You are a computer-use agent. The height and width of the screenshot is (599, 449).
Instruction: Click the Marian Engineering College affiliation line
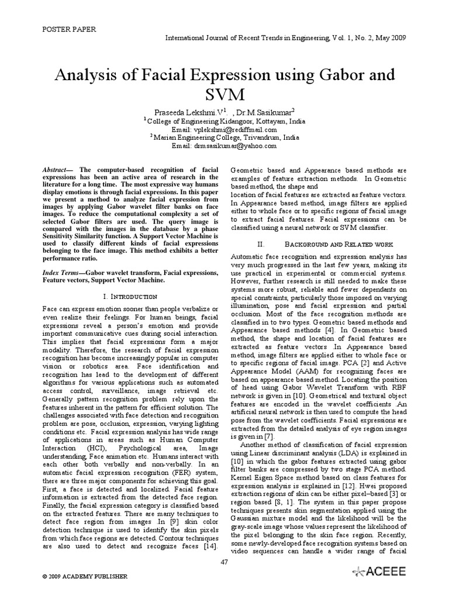224,137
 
